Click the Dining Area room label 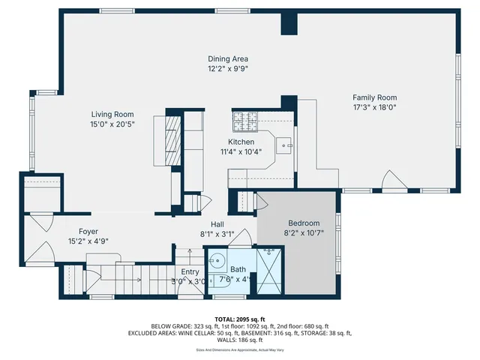(x=228, y=59)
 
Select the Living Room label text (x=112, y=114)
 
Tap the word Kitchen (x=241, y=142)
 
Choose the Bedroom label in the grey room (x=304, y=223)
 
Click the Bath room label (x=238, y=269)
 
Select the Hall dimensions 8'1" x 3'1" (x=217, y=234)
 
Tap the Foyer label (x=89, y=232)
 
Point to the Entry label (x=190, y=272)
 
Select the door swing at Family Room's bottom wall (x=393, y=181)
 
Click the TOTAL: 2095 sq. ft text (x=240, y=319)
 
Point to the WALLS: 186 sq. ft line (x=240, y=340)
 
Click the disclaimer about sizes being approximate (x=240, y=349)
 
